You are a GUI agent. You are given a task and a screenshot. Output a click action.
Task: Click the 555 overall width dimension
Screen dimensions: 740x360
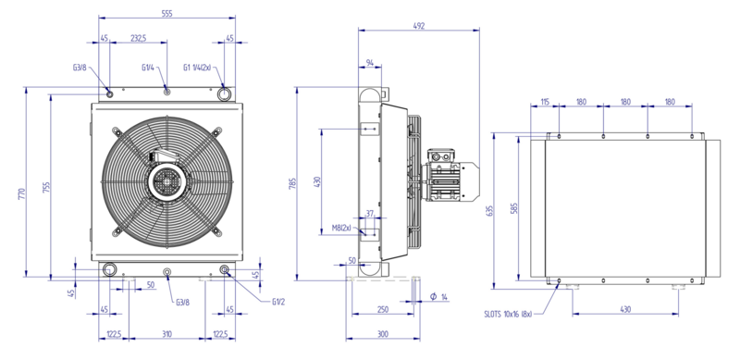(x=166, y=14)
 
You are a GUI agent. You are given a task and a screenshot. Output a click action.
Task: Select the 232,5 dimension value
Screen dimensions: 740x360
(x=138, y=38)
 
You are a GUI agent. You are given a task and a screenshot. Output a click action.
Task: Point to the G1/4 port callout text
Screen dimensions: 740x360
(x=148, y=68)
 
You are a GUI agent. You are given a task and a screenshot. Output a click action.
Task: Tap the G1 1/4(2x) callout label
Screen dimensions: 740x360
(x=197, y=68)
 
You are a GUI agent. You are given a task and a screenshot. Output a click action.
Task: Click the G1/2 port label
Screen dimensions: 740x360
(x=278, y=302)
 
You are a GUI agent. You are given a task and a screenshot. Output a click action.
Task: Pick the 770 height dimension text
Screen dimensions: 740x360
(x=21, y=193)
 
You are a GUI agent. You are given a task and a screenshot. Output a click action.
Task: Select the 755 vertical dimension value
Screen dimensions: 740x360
(x=46, y=188)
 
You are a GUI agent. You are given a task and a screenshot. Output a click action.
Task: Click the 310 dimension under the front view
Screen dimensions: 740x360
(x=167, y=334)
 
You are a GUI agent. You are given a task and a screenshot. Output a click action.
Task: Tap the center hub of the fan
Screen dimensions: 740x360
(x=166, y=182)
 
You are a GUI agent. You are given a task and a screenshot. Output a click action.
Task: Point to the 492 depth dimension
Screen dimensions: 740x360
(x=419, y=26)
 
